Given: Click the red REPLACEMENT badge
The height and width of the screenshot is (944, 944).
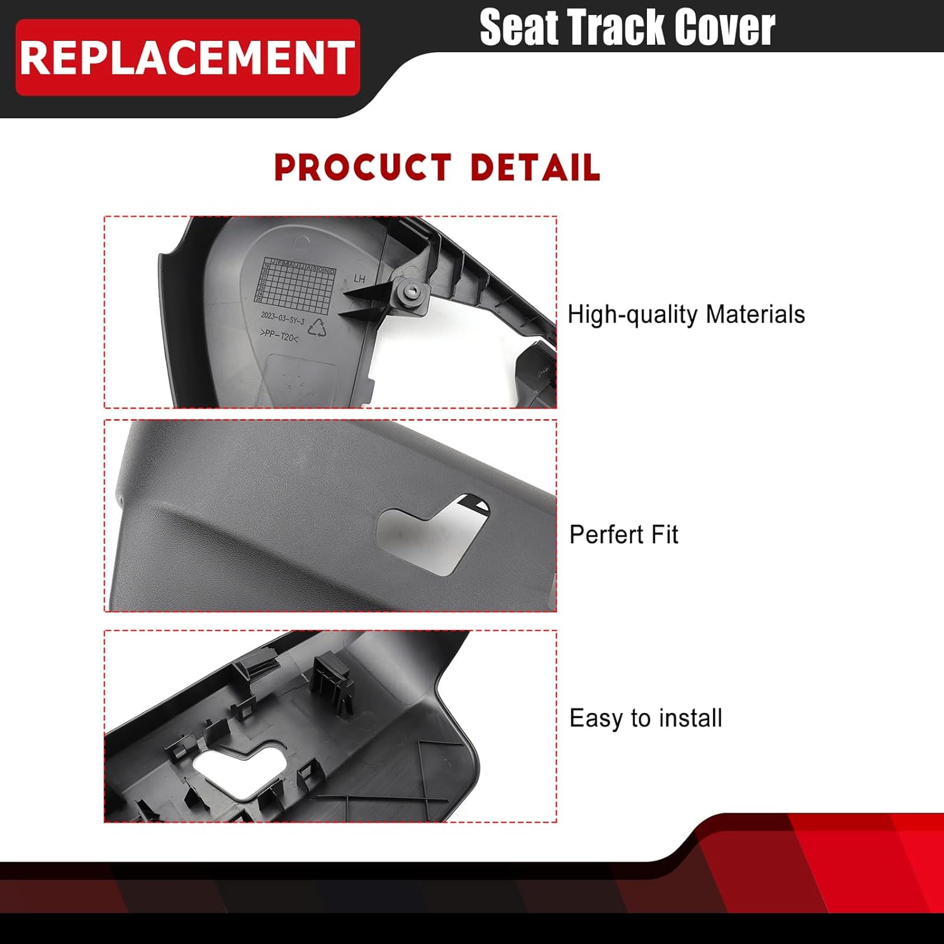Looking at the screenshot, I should tap(188, 58).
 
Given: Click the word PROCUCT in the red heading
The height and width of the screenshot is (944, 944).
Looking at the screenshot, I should tap(363, 168).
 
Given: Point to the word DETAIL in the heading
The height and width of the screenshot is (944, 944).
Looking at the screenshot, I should tap(535, 168).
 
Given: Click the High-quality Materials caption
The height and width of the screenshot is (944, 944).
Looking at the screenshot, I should tap(686, 314).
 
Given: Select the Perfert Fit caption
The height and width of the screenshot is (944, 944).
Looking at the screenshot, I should tap(624, 535).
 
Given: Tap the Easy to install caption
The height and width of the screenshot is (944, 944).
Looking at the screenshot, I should tap(646, 718).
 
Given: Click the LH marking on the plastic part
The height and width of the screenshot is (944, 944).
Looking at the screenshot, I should tap(359, 278).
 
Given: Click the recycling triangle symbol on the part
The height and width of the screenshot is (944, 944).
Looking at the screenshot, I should tap(318, 327).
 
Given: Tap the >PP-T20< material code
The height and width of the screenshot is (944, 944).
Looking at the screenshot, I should tap(279, 335).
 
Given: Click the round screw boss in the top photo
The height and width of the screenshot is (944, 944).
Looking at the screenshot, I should tap(413, 291).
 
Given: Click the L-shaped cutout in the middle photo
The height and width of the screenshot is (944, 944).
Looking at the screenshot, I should tap(434, 532).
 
